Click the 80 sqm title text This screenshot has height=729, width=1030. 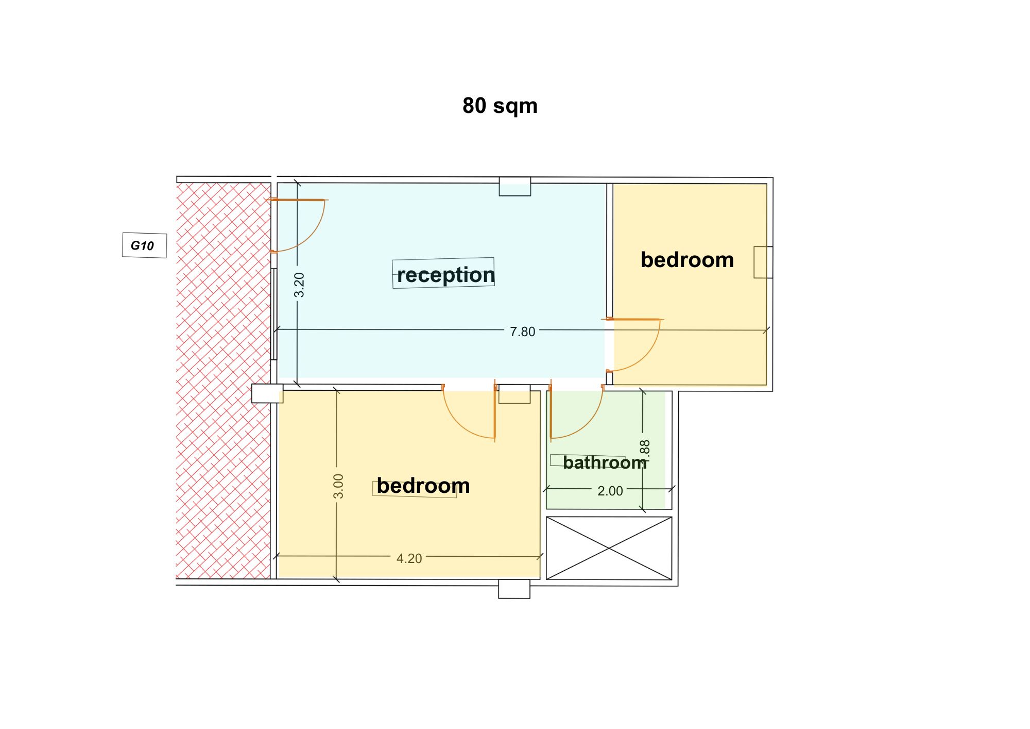[x=500, y=106]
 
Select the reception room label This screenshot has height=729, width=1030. [x=445, y=275]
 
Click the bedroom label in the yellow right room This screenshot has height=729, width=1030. [x=687, y=260]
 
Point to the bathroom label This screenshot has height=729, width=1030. [x=605, y=462]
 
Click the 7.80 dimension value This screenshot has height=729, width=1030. [x=522, y=332]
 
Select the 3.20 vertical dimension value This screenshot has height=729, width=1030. [x=299, y=285]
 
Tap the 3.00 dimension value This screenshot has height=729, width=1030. [x=338, y=486]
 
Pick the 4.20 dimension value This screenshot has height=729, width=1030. [x=409, y=558]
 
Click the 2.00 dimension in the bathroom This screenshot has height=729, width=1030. [x=610, y=491]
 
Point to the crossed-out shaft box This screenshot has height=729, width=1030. [x=609, y=548]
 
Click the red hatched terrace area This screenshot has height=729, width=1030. [x=223, y=380]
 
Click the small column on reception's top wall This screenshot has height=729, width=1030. [x=515, y=187]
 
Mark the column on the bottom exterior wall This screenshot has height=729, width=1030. [x=514, y=589]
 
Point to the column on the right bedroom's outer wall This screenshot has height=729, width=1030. [x=763, y=262]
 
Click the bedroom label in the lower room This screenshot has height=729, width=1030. [x=423, y=486]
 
